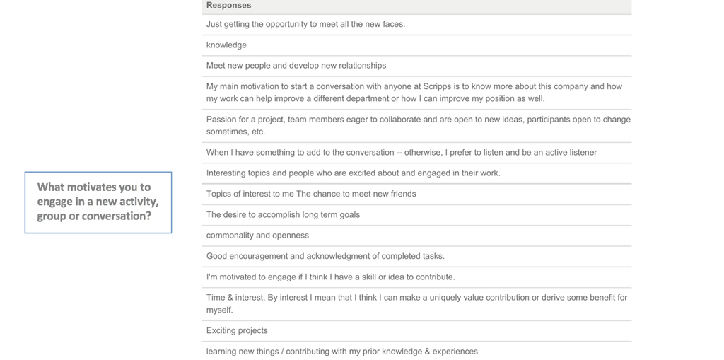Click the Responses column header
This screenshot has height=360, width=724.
[228, 6]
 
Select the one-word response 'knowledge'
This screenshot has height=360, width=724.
[226, 45]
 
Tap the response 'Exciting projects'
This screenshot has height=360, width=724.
[237, 330]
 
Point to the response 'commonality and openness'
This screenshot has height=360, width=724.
[257, 236]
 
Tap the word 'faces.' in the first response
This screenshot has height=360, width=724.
[393, 24]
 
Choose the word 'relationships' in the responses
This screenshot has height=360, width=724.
[362, 66]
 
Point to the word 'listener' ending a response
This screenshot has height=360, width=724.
[581, 153]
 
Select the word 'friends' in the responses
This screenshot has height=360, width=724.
[401, 194]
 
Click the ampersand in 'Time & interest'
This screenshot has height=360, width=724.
[230, 298]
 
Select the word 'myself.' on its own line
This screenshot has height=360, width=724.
[220, 310]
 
